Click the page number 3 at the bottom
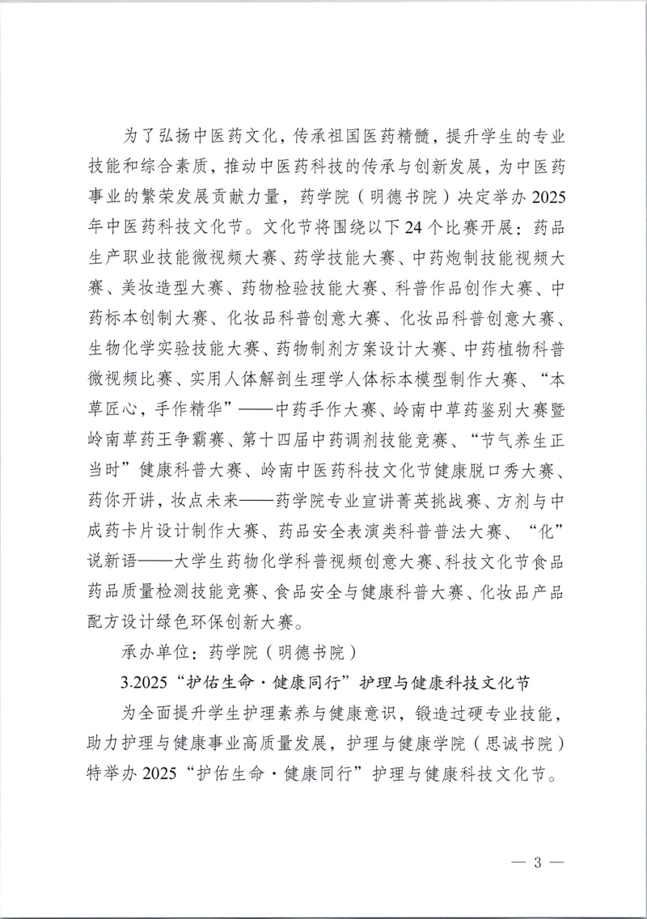[x=536, y=860]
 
